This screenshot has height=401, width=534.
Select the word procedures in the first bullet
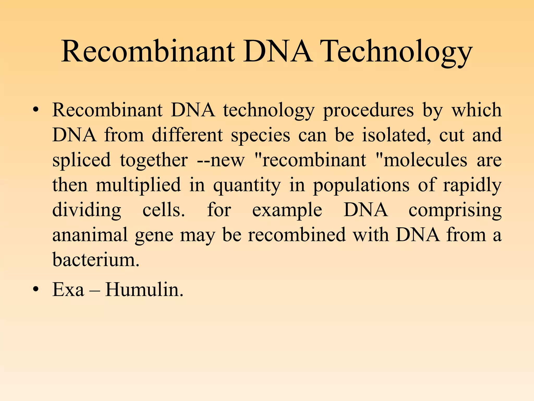368,110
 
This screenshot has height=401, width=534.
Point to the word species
260,135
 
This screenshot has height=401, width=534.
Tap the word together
154,160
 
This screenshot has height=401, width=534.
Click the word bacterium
96,260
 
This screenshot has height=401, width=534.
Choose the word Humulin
144,290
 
